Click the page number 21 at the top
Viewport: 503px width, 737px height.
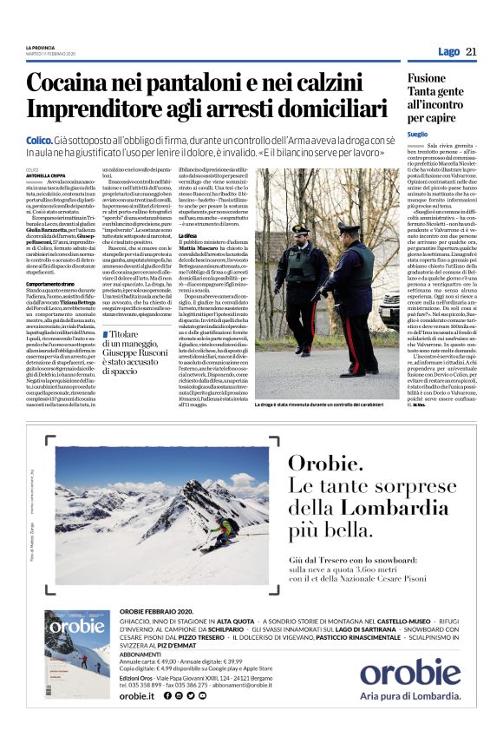pos(472,51)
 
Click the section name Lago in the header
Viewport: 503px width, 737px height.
pos(448,52)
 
